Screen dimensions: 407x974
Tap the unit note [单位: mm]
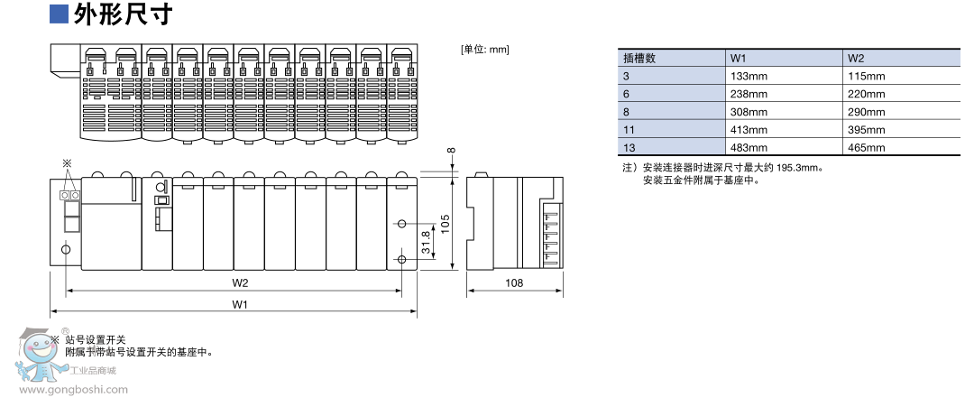[484, 49]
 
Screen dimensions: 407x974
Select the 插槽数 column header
[639, 58]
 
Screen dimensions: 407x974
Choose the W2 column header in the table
[856, 58]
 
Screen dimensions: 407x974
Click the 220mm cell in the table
[867, 94]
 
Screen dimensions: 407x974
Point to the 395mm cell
[867, 130]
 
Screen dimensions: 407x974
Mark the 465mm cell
[867, 148]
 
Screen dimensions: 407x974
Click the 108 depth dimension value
[513, 283]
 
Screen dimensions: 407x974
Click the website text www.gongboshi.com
[73, 391]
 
